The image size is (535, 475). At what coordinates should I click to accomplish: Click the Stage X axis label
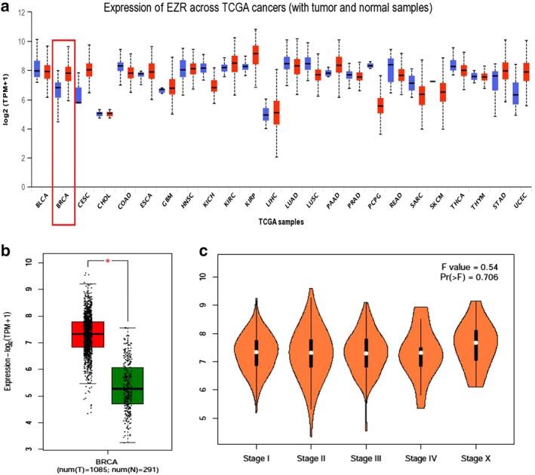coord(487,458)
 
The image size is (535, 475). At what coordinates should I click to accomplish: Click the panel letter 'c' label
coord(201,249)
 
